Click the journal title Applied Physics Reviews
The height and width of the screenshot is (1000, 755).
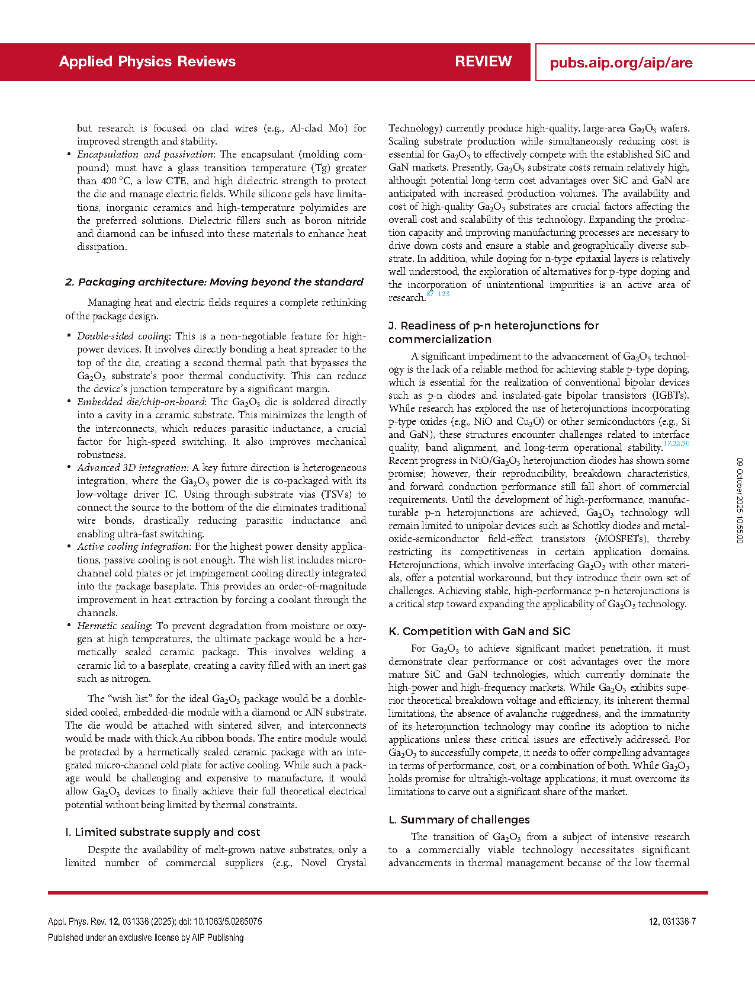147,62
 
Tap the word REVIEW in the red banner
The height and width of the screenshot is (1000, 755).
483,62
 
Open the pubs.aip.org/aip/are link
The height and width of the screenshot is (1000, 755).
621,63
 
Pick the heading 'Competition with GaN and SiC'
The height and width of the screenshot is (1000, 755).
479,631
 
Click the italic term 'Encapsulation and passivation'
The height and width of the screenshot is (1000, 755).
145,155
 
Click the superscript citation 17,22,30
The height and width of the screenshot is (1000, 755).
676,444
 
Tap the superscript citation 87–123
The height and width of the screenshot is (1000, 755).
438,294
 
